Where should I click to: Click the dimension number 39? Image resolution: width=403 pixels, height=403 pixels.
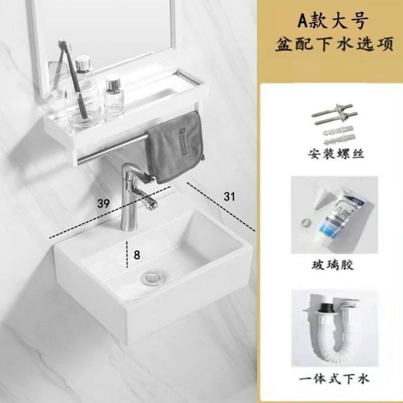tap(103, 203)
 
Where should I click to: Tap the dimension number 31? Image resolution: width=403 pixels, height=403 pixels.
tap(229, 196)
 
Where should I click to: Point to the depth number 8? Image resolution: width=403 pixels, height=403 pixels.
tap(137, 255)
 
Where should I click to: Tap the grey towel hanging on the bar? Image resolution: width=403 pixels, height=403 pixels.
tap(174, 147)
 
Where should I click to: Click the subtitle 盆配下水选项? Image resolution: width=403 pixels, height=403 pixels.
tap(334, 43)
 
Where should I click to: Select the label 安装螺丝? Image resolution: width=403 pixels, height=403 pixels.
tap(336, 154)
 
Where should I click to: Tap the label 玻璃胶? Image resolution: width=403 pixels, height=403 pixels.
tap(332, 265)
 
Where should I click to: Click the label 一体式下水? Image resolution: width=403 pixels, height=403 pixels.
tap(334, 379)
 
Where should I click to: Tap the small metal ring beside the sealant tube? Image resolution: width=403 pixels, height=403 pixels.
tap(305, 221)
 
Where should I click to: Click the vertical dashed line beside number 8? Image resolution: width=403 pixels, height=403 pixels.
tap(127, 254)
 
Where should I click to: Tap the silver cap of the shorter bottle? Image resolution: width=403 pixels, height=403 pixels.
tap(113, 83)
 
